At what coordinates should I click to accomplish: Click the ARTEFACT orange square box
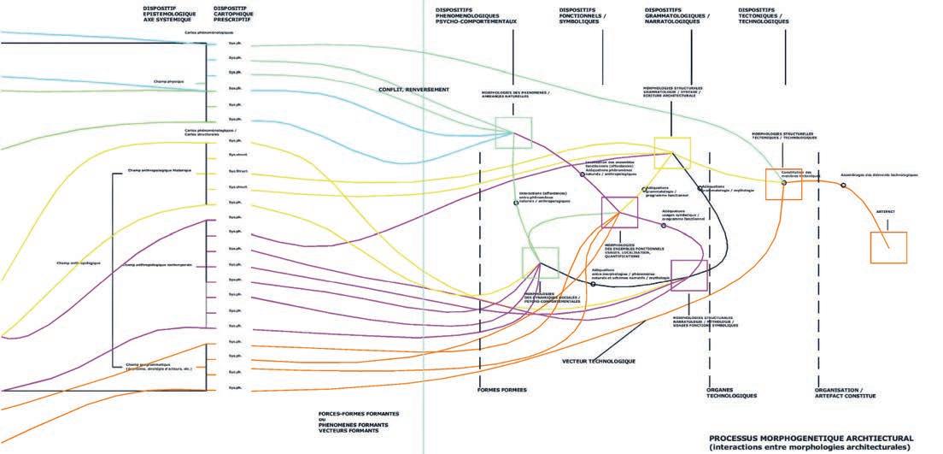[x=887, y=247]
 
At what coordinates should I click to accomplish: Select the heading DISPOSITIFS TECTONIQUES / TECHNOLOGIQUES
[x=763, y=15]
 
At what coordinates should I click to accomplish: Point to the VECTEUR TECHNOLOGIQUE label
[x=599, y=361]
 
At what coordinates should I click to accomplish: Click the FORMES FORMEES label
[x=502, y=390]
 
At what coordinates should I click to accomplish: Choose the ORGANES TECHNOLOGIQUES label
[x=731, y=392]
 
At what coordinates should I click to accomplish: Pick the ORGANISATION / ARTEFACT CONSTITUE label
[x=845, y=392]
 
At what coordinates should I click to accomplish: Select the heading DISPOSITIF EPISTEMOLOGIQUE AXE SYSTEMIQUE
[x=168, y=15]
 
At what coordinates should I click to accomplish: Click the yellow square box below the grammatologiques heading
[x=672, y=152]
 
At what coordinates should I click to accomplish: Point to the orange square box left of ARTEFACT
[x=783, y=184]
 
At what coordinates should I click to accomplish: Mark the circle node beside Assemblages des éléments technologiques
[x=844, y=185]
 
